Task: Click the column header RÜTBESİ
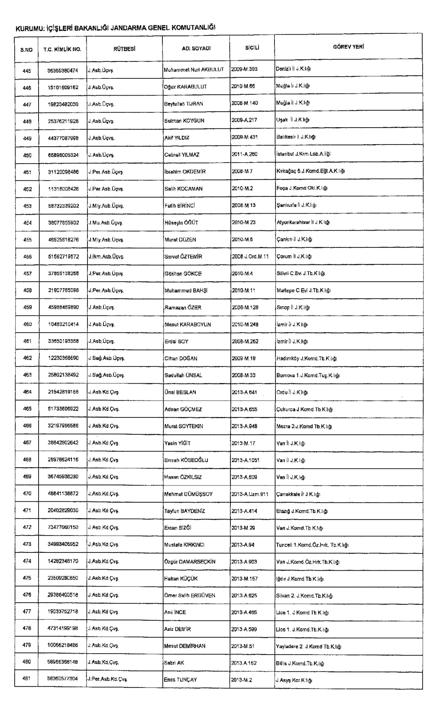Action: click(124, 49)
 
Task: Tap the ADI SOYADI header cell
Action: click(196, 49)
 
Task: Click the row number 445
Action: click(27, 71)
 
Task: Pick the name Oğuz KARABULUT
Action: click(185, 87)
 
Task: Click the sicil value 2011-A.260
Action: click(245, 154)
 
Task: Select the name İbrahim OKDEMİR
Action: click(185, 172)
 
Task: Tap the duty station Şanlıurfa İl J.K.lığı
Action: click(296, 205)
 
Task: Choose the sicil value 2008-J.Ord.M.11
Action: click(250, 257)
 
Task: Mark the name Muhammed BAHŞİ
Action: click(186, 291)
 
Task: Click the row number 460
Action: click(27, 324)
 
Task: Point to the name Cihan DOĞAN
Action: click(181, 359)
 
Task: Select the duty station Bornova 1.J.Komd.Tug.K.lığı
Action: click(308, 376)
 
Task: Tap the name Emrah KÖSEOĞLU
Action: click(186, 460)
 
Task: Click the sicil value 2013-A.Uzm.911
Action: click(249, 494)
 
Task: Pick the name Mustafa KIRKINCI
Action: click(184, 545)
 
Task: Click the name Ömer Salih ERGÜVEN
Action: click(190, 596)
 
